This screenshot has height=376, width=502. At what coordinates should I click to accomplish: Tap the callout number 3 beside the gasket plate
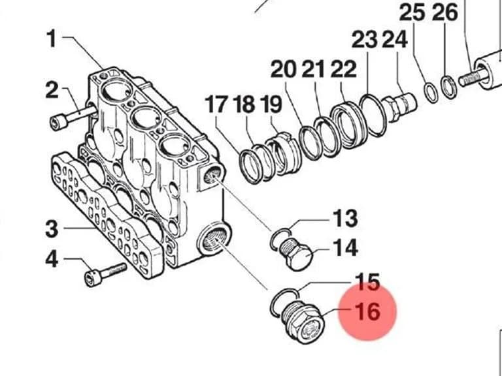(x=52, y=228)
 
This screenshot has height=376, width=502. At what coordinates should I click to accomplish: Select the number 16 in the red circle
(x=368, y=311)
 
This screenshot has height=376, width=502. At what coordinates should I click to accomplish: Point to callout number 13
(x=345, y=219)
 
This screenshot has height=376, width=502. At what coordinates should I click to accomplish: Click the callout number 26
(x=445, y=13)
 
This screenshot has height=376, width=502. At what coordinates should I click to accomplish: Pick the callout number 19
(x=271, y=104)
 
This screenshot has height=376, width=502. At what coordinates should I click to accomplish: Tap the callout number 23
(x=365, y=40)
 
